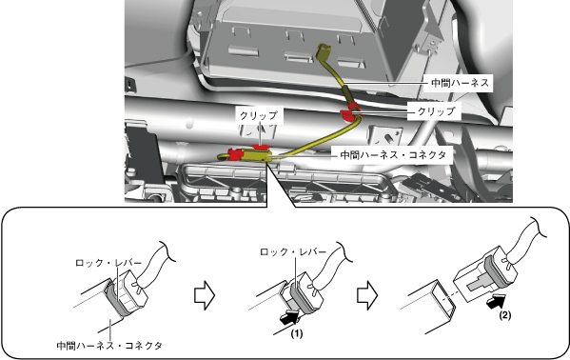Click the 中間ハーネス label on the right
[460, 83]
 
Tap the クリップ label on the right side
[436, 111]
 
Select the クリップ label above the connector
[259, 116]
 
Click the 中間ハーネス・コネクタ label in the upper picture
[393, 155]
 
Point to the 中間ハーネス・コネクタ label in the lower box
[109, 346]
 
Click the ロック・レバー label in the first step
[108, 263]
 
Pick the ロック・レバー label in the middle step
[293, 251]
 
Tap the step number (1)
[297, 333]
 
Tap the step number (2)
[504, 315]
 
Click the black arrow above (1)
[289, 317]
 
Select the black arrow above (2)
[496, 301]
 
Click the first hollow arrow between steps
[205, 295]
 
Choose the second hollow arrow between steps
[367, 295]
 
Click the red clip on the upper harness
[349, 111]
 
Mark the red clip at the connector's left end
[235, 154]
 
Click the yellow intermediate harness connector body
[254, 156]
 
